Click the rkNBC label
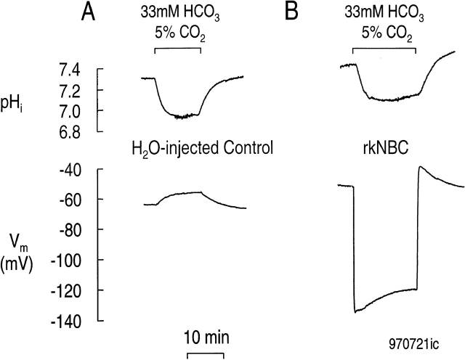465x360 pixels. click(x=384, y=150)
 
